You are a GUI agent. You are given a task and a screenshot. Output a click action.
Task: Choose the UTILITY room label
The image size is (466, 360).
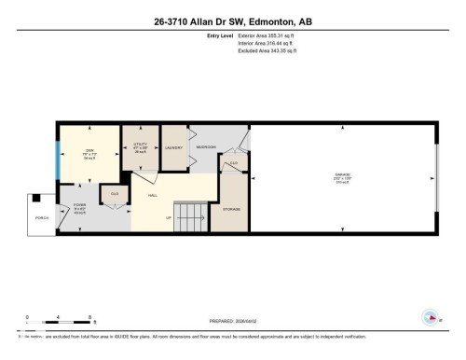point(141,145)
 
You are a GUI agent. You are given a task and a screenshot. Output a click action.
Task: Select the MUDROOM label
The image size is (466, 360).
point(206,147)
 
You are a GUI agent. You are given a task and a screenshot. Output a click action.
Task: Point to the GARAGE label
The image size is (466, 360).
point(342,175)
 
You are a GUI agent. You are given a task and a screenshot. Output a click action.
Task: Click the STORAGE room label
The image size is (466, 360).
point(233,209)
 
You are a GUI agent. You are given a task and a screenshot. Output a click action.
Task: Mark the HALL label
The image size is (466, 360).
point(153,196)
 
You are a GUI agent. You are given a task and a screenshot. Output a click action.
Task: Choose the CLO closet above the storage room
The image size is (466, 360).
point(234,164)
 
